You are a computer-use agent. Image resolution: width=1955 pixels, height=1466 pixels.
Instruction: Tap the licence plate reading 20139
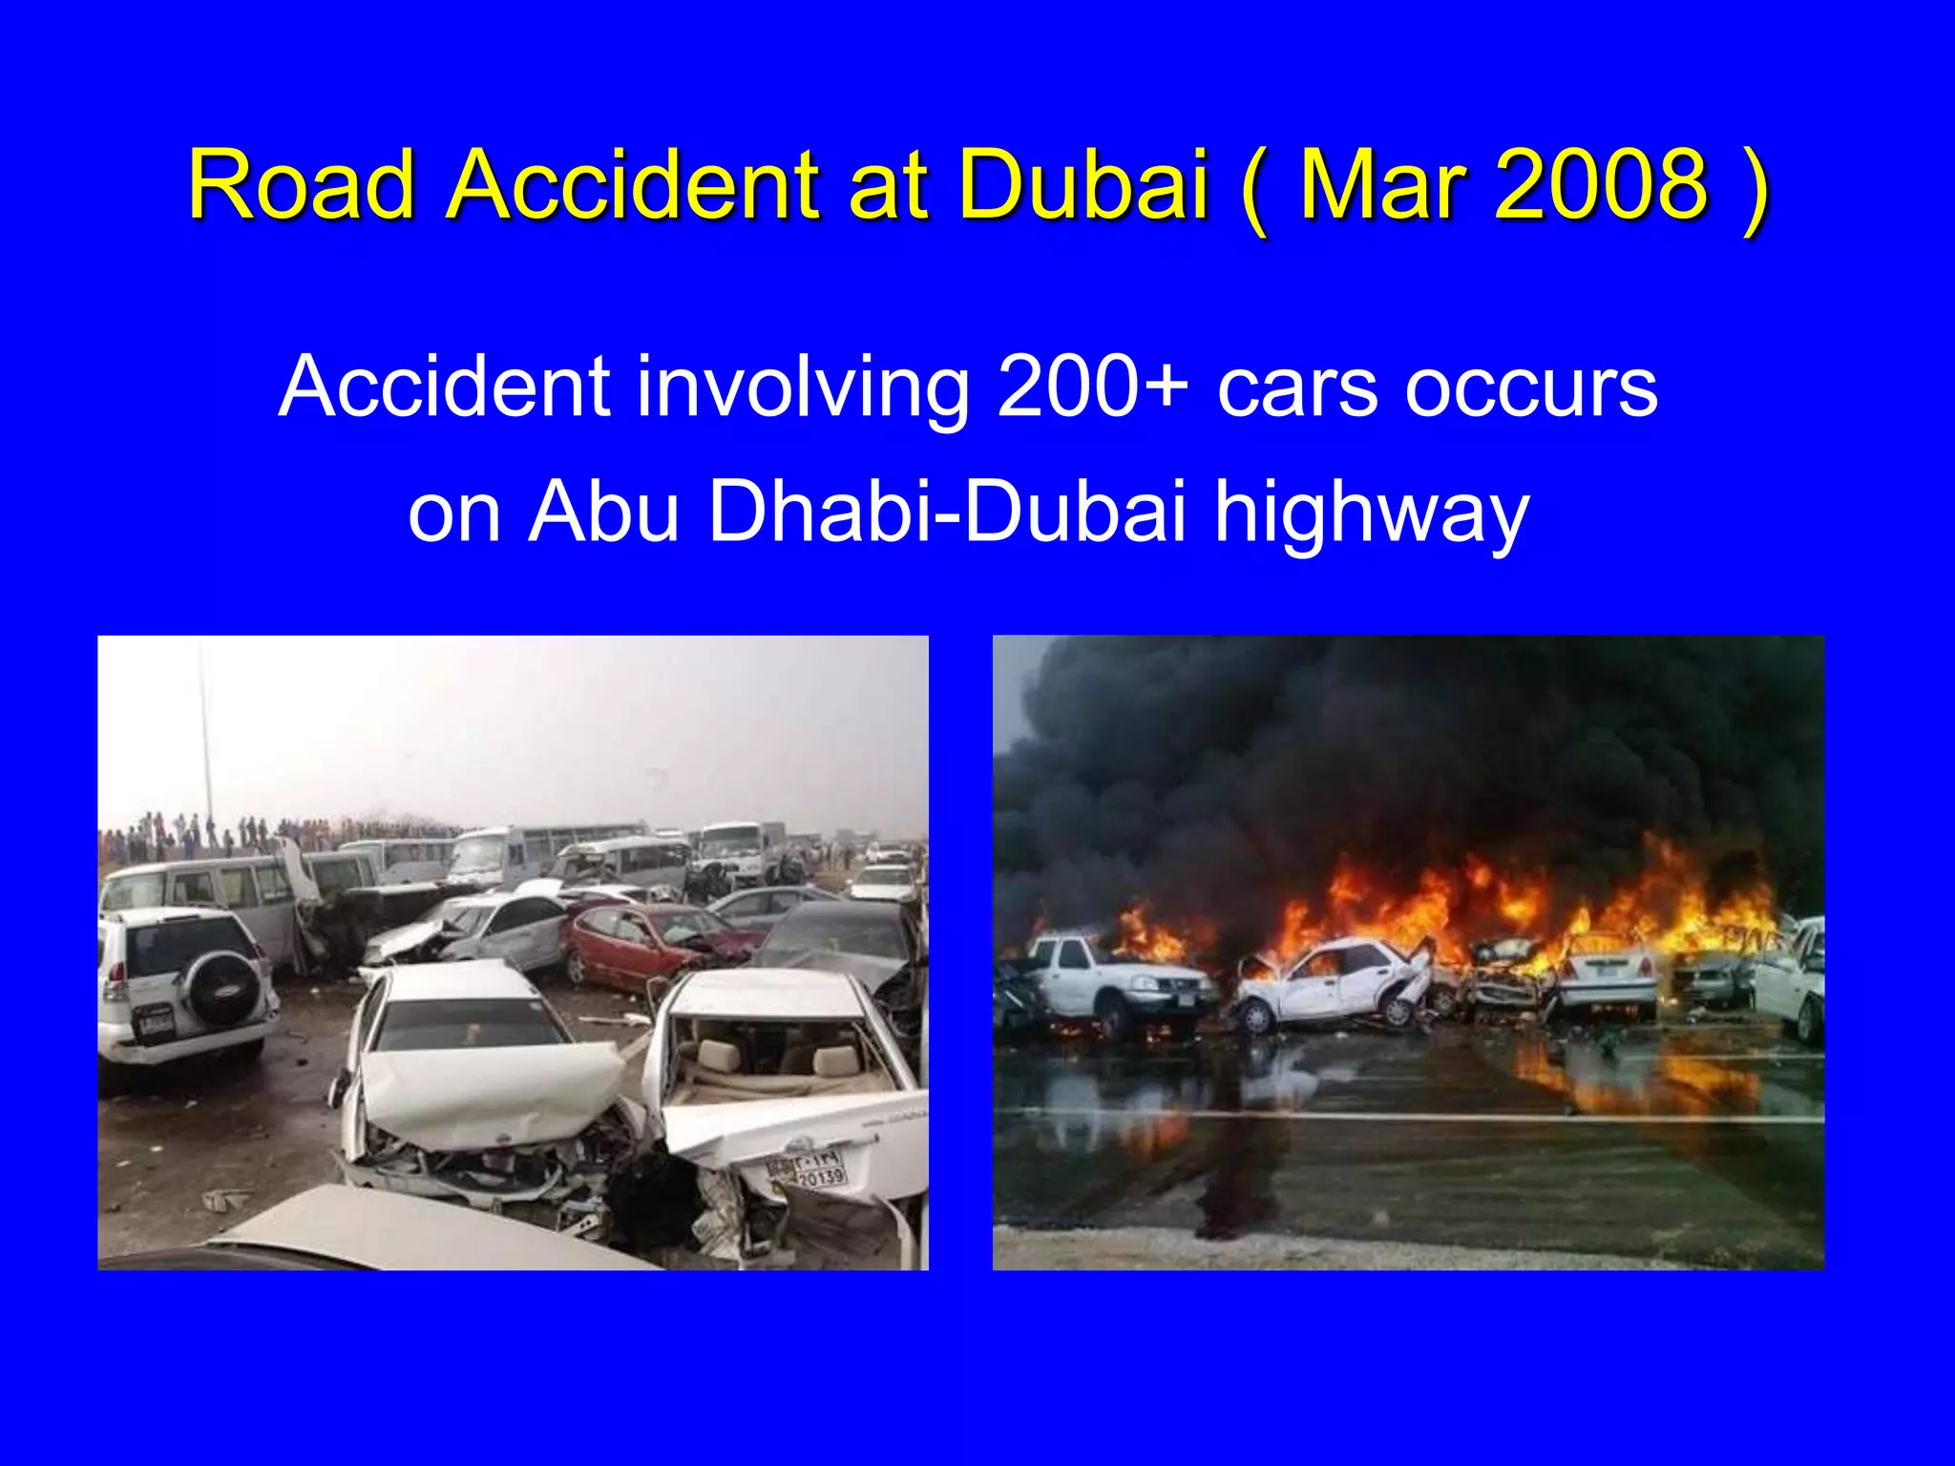coord(820,1177)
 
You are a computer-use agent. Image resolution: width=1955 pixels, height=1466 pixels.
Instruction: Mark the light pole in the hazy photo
coord(204,735)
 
